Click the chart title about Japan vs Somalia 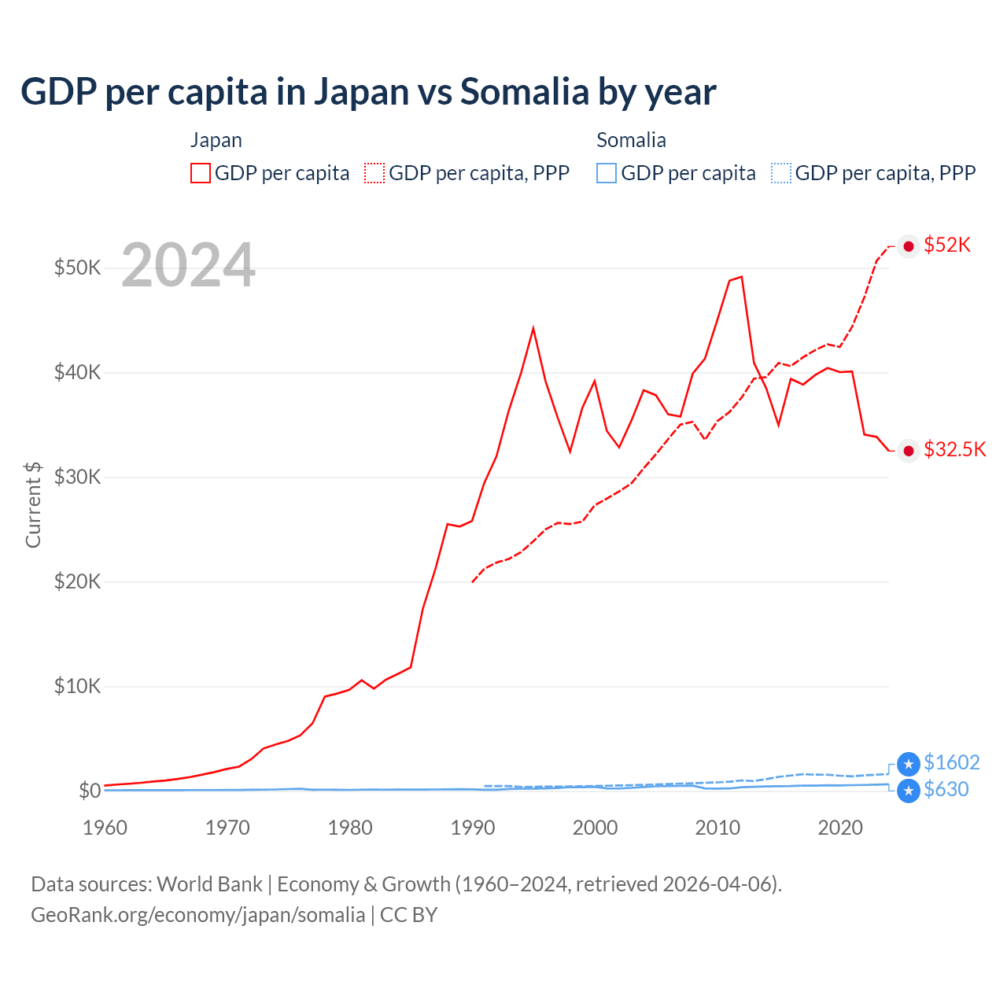point(368,92)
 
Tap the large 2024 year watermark point(188,265)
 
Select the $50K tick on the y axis point(77,267)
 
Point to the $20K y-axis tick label point(77,581)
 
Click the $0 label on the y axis point(90,791)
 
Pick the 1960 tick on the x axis point(105,828)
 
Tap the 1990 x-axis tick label point(473,828)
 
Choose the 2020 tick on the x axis point(840,828)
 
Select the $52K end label point(947,245)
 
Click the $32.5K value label point(954,450)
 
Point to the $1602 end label point(951,763)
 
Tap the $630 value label point(946,790)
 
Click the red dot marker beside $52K point(909,246)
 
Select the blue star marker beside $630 point(909,791)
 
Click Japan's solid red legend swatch point(201,173)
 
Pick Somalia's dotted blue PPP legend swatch point(781,173)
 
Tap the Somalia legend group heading point(631,140)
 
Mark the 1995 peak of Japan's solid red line point(533,327)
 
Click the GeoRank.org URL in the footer point(197,915)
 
